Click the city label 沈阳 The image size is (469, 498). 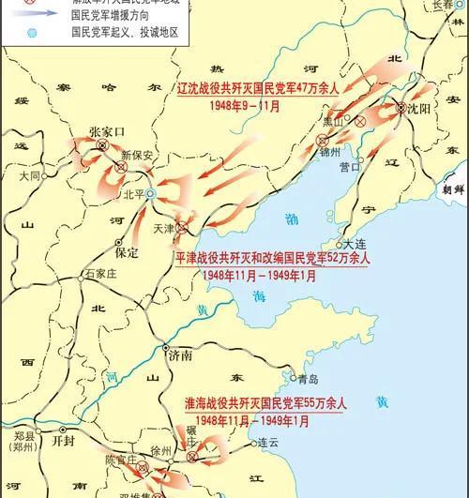418,109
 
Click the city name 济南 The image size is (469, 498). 179,355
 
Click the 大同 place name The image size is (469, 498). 31,175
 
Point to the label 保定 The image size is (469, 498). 126,252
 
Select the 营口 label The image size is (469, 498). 350,167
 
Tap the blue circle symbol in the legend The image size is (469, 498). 33,33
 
